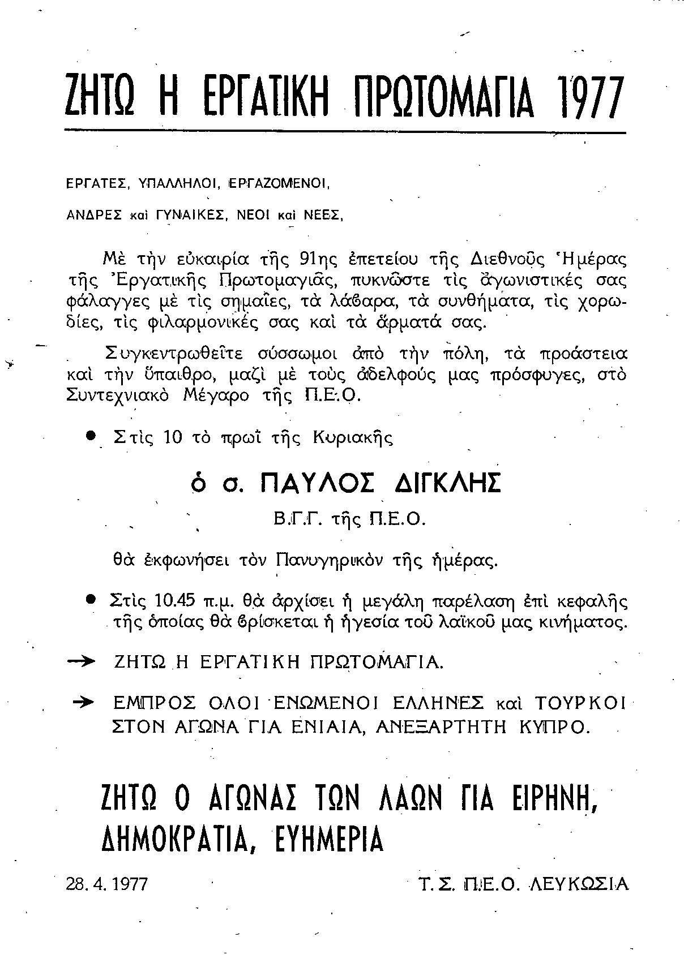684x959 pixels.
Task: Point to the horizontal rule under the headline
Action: click(x=345, y=132)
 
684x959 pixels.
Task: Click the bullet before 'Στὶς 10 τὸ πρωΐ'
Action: click(x=90, y=437)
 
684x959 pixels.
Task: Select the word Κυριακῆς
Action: click(x=353, y=438)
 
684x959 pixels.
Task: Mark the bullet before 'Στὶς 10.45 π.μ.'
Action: click(x=90, y=599)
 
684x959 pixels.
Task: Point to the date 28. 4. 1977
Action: click(x=107, y=884)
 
